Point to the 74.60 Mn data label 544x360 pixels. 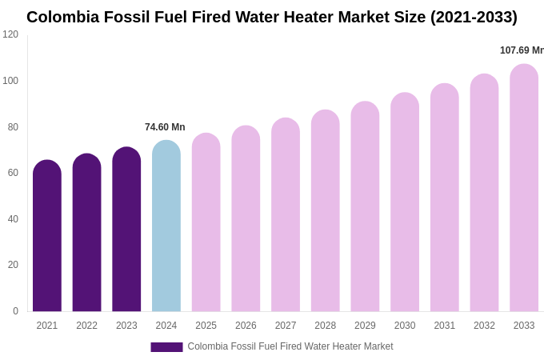165,127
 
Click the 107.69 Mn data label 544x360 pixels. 522,50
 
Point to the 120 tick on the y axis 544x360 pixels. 10,34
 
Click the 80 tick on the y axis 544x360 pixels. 13,126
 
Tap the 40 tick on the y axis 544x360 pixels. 13,219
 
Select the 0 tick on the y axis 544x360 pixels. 15,311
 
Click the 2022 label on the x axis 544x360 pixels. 86,326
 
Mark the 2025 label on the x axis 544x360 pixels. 206,326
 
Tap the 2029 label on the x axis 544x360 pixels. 365,326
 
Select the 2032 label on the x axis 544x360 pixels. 484,326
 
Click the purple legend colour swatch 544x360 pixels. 166,347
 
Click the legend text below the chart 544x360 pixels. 290,346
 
